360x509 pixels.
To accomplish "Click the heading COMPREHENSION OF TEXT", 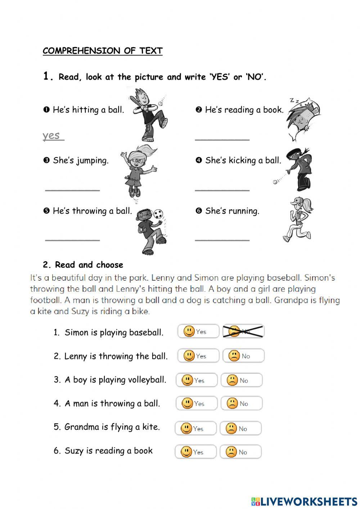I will (x=103, y=51).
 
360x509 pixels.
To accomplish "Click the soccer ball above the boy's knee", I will (x=158, y=214).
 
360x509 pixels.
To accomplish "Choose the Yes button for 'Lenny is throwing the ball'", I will (x=198, y=356).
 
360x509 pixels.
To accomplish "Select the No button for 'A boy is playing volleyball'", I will (x=241, y=380).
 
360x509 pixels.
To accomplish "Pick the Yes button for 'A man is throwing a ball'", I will (x=196, y=403).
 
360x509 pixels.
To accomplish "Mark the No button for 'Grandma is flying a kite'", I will (x=240, y=428).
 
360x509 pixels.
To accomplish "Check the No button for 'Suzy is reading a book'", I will (x=240, y=452).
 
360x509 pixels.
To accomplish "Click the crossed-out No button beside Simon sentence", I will (x=243, y=331).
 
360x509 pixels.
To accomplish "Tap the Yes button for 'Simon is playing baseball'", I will (x=198, y=331).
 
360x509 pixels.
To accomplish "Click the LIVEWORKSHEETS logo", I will (x=304, y=501).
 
